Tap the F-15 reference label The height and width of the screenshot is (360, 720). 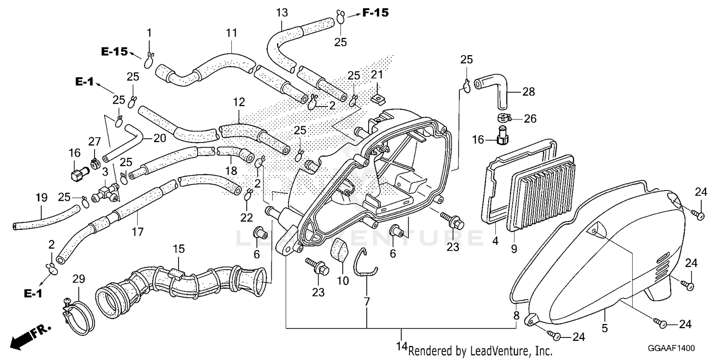tap(375, 13)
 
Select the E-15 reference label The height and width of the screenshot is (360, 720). tap(114, 51)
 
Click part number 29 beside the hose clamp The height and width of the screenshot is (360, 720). tap(79, 279)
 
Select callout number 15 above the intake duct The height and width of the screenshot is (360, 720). tap(179, 249)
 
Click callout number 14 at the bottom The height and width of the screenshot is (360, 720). tap(402, 347)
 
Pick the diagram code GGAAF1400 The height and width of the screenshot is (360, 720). tap(671, 348)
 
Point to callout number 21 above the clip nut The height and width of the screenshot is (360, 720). tap(377, 74)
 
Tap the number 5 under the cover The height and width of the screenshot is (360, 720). tap(605, 328)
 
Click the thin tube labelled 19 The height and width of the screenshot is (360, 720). tap(46, 217)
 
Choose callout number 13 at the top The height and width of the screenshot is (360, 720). tap(282, 13)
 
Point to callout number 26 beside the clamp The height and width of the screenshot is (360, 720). tap(530, 119)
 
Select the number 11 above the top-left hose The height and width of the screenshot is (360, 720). tap(231, 33)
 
